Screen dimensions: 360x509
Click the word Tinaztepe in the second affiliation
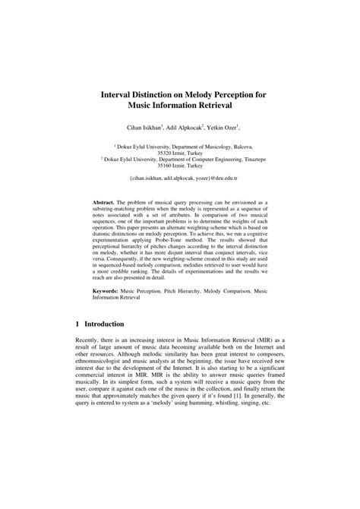point(248,159)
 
